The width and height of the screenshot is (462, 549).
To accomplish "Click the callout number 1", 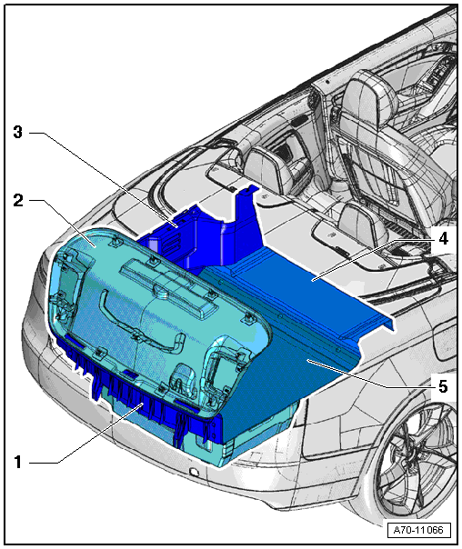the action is click(18, 462).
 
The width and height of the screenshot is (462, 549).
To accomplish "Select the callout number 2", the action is click(18, 200).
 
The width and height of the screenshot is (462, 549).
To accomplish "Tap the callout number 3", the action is click(17, 132).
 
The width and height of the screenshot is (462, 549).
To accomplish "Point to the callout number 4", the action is click(444, 238).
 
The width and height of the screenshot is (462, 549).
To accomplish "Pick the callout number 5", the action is click(443, 386).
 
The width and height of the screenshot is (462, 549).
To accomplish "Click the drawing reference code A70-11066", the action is click(418, 529).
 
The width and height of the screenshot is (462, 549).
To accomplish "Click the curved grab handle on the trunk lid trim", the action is click(140, 324).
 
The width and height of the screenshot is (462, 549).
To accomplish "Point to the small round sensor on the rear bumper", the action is click(194, 472).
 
